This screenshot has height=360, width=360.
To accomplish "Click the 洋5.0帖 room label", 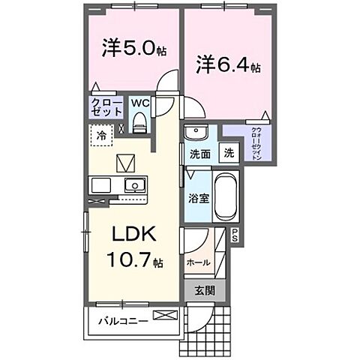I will click(132, 50).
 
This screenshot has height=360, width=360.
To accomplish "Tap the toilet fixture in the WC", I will click(139, 121).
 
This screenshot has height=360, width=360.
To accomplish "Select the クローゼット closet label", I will click(106, 106).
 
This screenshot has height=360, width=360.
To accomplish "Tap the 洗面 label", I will click(198, 154).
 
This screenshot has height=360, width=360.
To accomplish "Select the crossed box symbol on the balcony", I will click(163, 315).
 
